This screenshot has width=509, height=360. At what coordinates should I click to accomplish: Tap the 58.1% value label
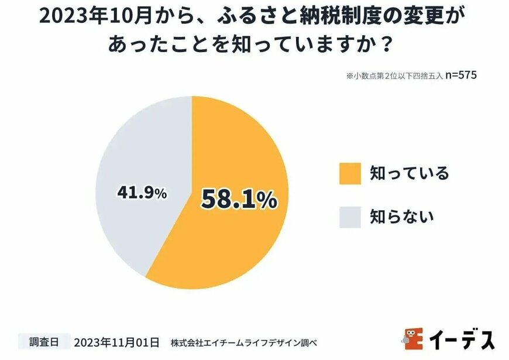[x=239, y=200]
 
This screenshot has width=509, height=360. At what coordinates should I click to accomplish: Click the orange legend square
[x=349, y=174]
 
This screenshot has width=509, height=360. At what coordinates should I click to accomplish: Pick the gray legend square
[x=349, y=217]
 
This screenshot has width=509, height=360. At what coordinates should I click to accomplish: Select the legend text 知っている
[x=409, y=173]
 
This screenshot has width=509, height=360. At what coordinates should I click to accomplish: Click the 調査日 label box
[x=42, y=340]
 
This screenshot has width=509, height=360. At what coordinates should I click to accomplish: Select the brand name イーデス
[x=462, y=340]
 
